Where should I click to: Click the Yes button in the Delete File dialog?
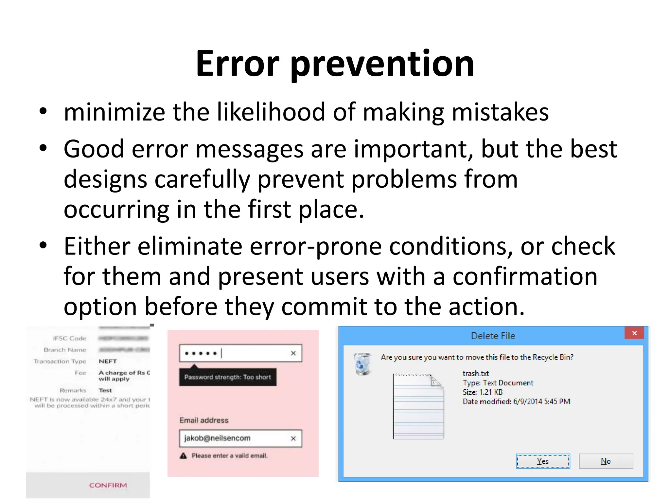pos(543,461)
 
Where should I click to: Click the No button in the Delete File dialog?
pos(606,461)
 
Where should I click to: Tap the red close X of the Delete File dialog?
pos(634,333)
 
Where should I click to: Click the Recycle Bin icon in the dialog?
pos(362,363)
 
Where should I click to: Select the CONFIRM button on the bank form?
pos(108,485)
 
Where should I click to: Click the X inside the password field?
pos(293,353)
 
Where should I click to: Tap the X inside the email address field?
pos(293,438)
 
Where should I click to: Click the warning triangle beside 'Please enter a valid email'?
pos(183,456)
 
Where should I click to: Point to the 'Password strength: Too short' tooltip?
pos(228,377)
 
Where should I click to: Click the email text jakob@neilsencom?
pos(217,438)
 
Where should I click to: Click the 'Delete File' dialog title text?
pos(493,336)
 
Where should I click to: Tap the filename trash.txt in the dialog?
pos(476,373)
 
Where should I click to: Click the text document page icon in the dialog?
pos(418,406)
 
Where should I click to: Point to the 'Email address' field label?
pos(204,420)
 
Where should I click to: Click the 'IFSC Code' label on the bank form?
pos(69,338)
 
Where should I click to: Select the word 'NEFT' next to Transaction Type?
pos(108,361)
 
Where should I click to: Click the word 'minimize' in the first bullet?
pos(115,112)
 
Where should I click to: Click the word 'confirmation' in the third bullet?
pos(525,276)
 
